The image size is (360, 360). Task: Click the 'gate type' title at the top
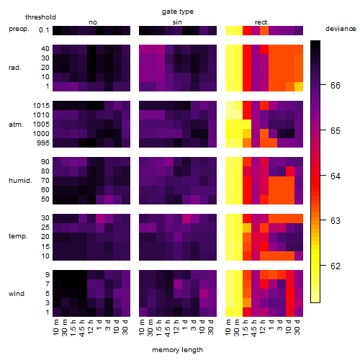pos(178,12)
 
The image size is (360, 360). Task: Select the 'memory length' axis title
pos(177,350)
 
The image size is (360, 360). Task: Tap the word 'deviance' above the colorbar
pos(341,29)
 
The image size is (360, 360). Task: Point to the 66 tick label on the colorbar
pos(336,85)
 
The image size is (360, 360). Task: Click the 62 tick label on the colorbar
pos(336,266)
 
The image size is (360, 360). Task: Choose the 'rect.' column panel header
pos(261,22)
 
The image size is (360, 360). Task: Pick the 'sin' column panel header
pos(177,22)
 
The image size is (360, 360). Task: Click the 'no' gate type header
pos(93,22)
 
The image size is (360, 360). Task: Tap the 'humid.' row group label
pos(20,181)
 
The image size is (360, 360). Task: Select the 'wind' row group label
pos(17,294)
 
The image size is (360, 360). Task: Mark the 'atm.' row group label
pos(16,125)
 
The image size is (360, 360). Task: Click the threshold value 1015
pos(41,106)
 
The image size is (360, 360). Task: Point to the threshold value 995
pos(43,143)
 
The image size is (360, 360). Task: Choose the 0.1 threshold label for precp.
pos(44,30)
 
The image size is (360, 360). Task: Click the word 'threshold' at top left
pos(40,17)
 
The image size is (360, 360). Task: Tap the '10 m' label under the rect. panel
pos(228,327)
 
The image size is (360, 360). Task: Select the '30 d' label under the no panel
pos(125,327)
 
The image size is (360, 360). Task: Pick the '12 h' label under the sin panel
pos(176,327)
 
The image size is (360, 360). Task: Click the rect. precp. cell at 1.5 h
pos(247,30)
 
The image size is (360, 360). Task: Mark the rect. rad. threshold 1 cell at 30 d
pos(299,86)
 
